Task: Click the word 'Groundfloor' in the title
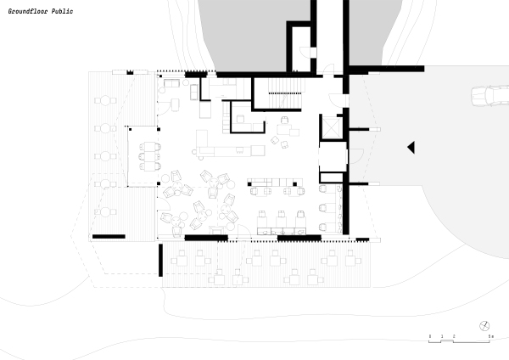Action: pyautogui.click(x=28, y=12)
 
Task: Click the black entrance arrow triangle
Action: pyautogui.click(x=411, y=148)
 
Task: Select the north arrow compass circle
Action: pyautogui.click(x=484, y=326)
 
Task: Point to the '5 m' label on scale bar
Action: pyautogui.click(x=490, y=337)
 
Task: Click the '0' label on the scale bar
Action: pyautogui.click(x=430, y=337)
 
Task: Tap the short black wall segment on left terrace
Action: pyautogui.click(x=109, y=236)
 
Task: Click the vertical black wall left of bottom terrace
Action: pyautogui.click(x=159, y=259)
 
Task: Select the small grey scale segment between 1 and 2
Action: pyautogui.click(x=448, y=340)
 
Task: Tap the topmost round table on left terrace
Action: pyautogui.click(x=106, y=102)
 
